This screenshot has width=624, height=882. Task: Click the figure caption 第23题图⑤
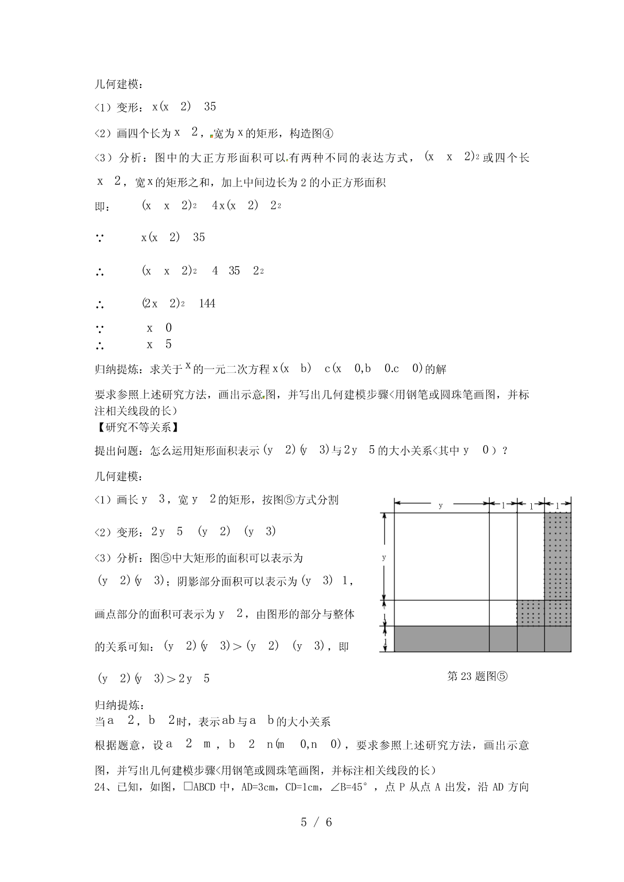(x=477, y=676)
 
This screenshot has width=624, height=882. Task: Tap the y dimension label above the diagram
(x=441, y=505)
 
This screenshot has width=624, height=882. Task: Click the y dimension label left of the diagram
(x=384, y=557)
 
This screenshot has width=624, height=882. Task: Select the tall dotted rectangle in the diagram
(x=557, y=556)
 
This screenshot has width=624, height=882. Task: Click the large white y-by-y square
(x=441, y=556)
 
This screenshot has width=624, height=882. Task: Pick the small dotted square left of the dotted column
(x=530, y=613)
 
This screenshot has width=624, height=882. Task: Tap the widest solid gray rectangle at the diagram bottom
(x=441, y=638)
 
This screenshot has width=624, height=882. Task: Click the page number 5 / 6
(x=316, y=822)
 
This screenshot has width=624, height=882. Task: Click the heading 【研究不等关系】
(x=137, y=427)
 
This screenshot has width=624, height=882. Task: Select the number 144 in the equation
(x=207, y=304)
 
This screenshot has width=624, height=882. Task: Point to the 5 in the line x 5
(x=168, y=345)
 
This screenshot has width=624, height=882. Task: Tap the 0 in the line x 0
(x=168, y=328)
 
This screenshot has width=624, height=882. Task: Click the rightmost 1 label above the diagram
(x=557, y=506)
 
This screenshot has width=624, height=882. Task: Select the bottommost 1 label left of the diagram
(x=386, y=642)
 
